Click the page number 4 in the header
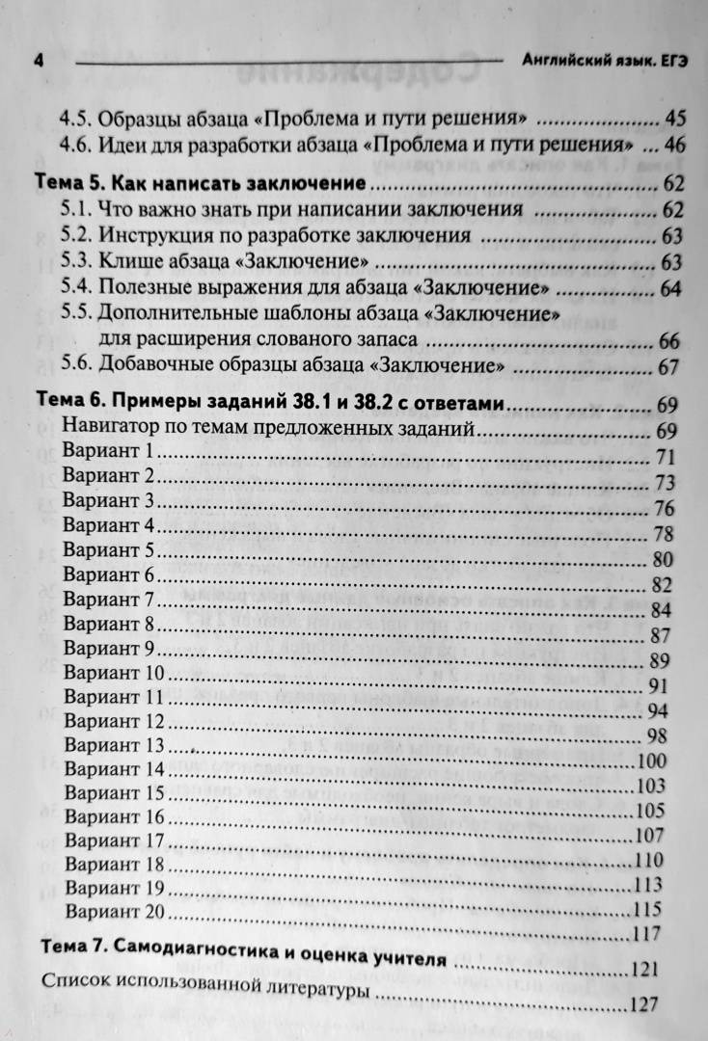click(x=39, y=60)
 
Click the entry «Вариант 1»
click(x=108, y=451)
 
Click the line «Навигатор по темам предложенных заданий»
click(x=267, y=428)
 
